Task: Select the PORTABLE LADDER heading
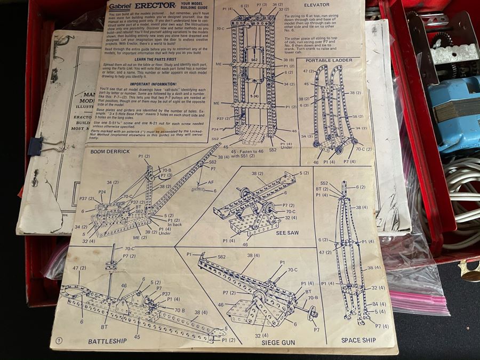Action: tap(329, 61)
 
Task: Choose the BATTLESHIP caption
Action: tap(107, 341)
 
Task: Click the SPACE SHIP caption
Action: tap(358, 340)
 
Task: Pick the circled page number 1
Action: tap(58, 340)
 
